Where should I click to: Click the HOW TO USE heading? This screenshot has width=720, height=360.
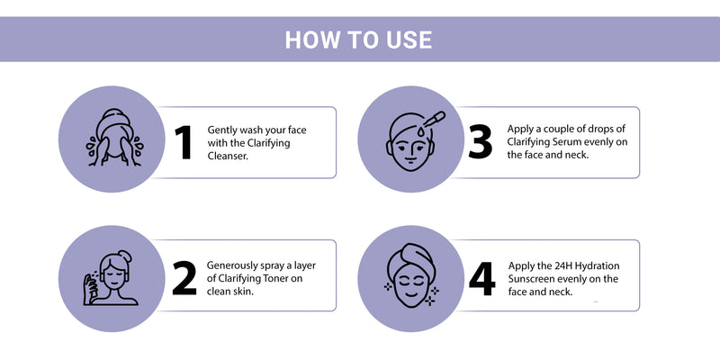click(358, 40)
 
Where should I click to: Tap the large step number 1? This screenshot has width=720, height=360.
click(184, 142)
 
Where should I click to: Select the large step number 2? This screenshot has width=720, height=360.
click(184, 278)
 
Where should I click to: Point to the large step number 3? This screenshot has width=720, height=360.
click(480, 142)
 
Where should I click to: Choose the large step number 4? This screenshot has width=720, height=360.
click(481, 278)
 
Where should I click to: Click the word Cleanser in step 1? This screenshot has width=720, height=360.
click(228, 156)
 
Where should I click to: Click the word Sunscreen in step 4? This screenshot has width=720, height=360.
click(530, 279)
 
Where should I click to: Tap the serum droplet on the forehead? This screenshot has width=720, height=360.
click(420, 131)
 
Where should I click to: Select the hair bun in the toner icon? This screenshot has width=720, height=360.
click(124, 256)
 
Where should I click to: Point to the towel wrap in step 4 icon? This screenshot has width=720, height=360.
click(410, 259)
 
